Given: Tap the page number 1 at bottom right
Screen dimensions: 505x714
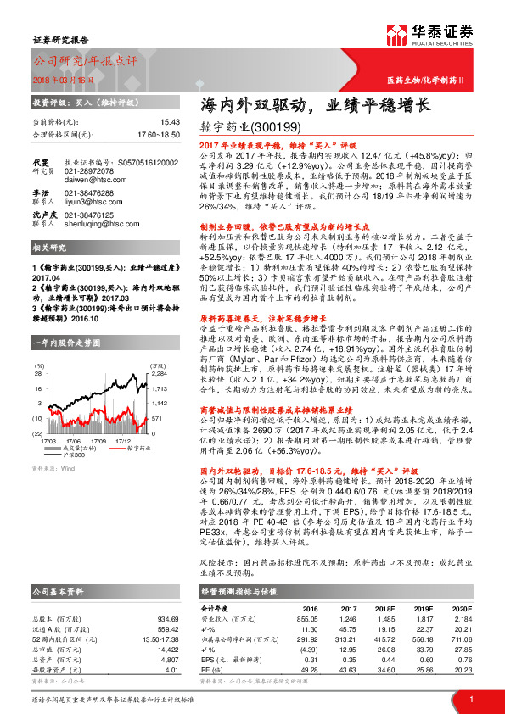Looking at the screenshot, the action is (x=470, y=700).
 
